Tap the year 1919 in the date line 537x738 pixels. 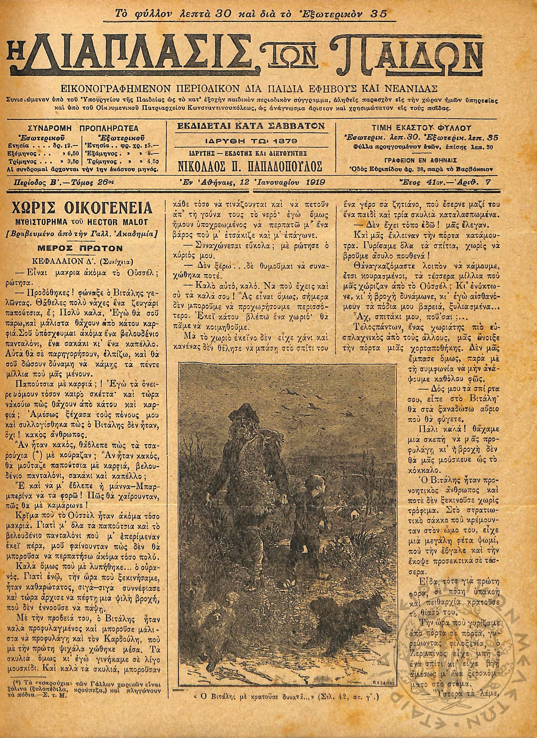pos(315,182)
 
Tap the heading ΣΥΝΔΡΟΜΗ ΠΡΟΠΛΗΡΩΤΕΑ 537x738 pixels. pos(83,128)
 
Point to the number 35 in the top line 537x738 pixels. pos(379,13)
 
